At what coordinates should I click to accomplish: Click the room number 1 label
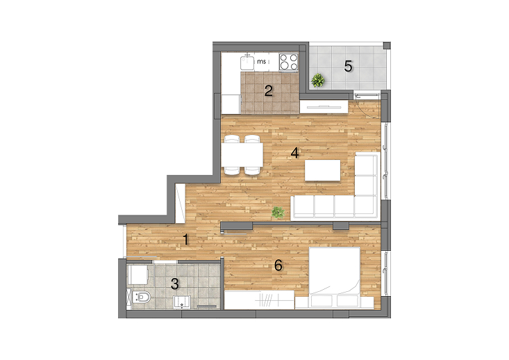pyautogui.click(x=185, y=240)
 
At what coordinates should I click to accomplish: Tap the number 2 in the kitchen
pyautogui.click(x=269, y=91)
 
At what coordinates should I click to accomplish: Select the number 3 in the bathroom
pyautogui.click(x=175, y=284)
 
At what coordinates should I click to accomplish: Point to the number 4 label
pyautogui.click(x=294, y=153)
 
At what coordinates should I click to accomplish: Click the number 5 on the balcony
pyautogui.click(x=348, y=67)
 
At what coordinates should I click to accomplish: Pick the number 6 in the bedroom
pyautogui.click(x=278, y=265)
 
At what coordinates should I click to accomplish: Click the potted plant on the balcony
pyautogui.click(x=318, y=80)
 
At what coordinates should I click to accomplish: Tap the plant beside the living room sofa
pyautogui.click(x=278, y=213)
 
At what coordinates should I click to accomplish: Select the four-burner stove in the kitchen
pyautogui.click(x=289, y=62)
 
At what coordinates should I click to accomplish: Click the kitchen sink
pyautogui.click(x=247, y=62)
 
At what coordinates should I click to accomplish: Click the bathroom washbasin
pyautogui.click(x=182, y=302)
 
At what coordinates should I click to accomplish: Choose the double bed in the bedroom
pyautogui.click(x=334, y=277)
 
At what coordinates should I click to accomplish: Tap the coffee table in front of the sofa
pyautogui.click(x=323, y=170)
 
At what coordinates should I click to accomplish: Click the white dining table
pyautogui.click(x=242, y=155)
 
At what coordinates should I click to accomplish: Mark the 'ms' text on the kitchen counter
pyautogui.click(x=261, y=61)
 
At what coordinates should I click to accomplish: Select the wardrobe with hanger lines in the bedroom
pyautogui.click(x=260, y=300)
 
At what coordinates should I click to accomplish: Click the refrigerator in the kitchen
pyautogui.click(x=231, y=104)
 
